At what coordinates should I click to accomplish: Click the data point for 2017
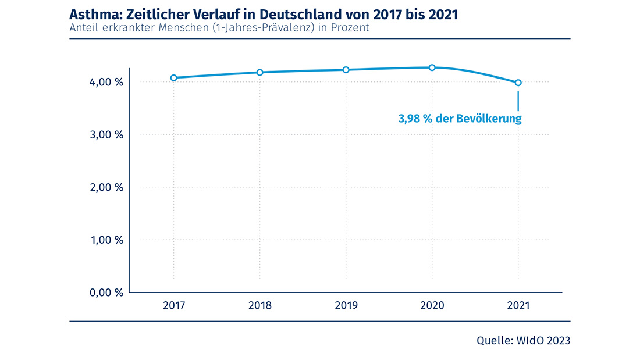[173, 78]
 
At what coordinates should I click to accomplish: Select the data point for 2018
[260, 72]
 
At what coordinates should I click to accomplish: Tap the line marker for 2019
[346, 70]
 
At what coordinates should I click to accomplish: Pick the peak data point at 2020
[432, 67]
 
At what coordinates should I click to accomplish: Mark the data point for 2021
[518, 83]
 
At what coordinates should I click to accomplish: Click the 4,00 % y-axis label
[106, 83]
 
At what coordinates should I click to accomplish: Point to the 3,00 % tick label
[106, 135]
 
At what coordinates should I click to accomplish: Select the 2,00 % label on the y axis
[106, 187]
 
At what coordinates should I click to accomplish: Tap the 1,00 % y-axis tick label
[106, 240]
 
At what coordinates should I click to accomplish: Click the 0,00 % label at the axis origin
[106, 293]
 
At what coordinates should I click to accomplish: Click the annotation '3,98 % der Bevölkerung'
[460, 119]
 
